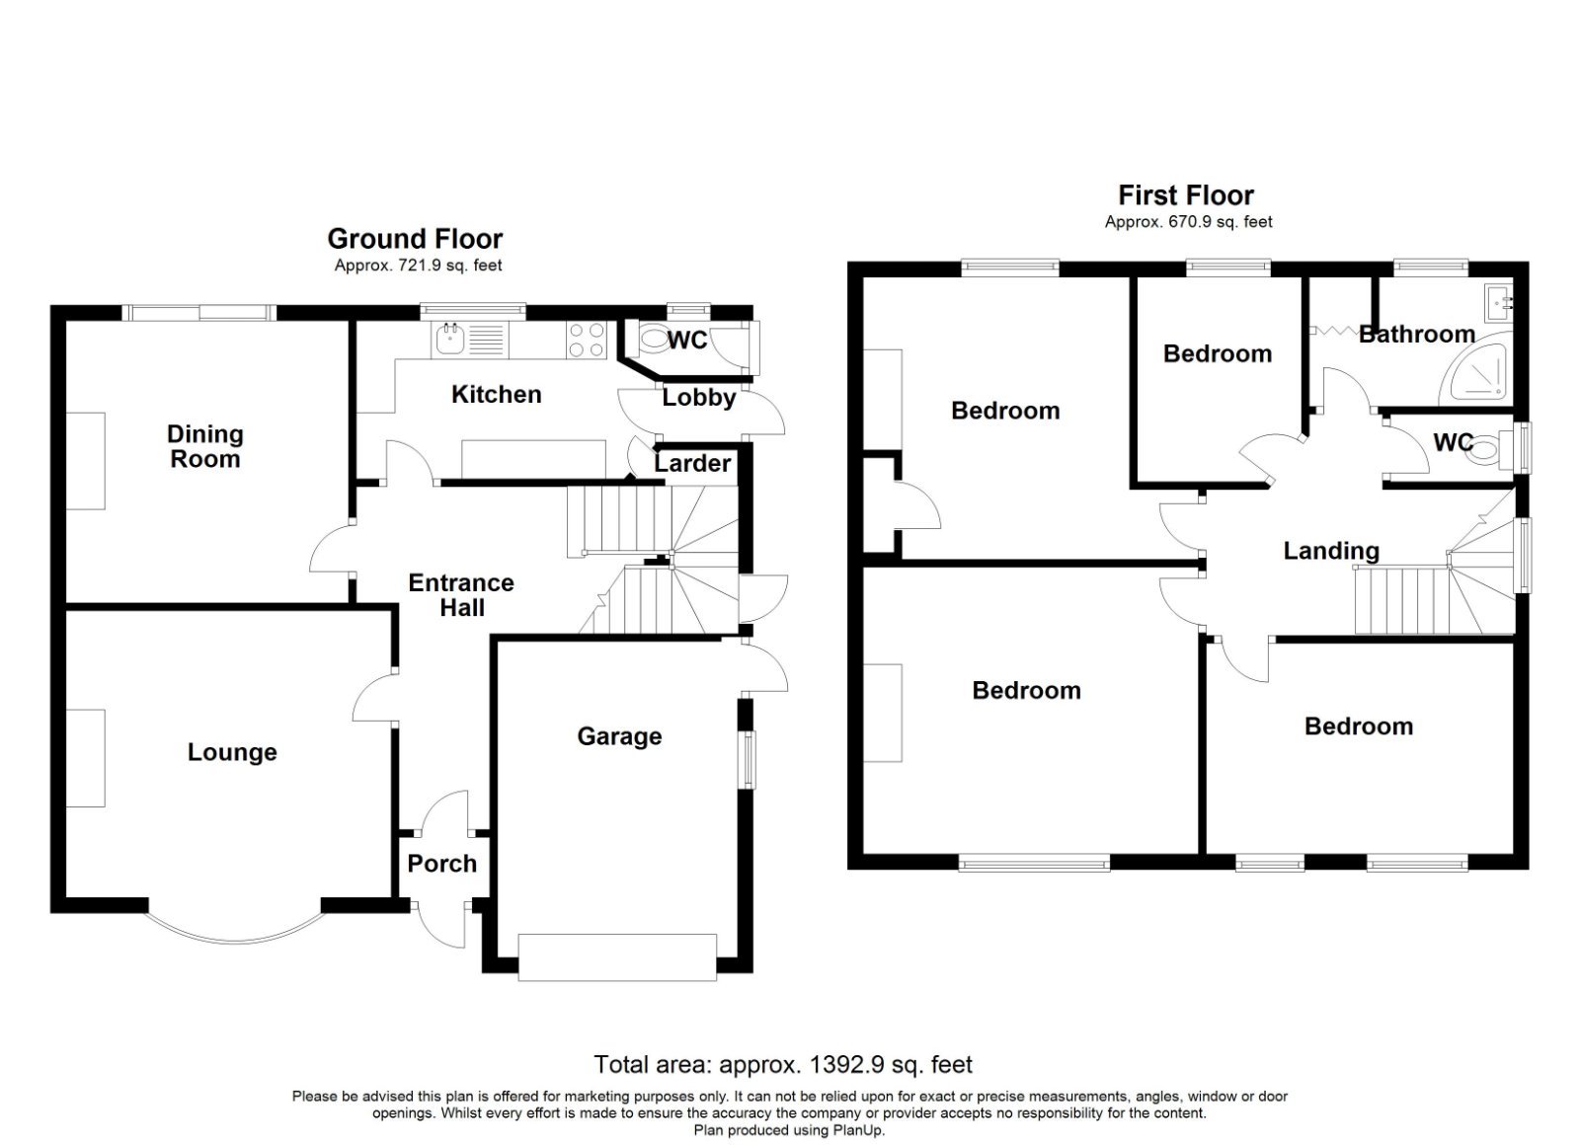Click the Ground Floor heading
coord(415,239)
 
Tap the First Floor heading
coord(1186,195)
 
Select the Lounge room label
coord(232,752)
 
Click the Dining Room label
coord(204,446)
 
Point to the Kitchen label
coord(496,395)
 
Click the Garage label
coord(619,736)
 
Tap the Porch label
coord(441,864)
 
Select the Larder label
coord(692,463)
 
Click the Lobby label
coord(698,398)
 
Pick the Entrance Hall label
coord(461,595)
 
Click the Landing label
coord(1330,551)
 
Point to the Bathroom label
coord(1416,335)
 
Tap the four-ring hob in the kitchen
coord(586,341)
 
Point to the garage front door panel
coord(617,957)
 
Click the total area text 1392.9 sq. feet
coord(783,1065)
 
